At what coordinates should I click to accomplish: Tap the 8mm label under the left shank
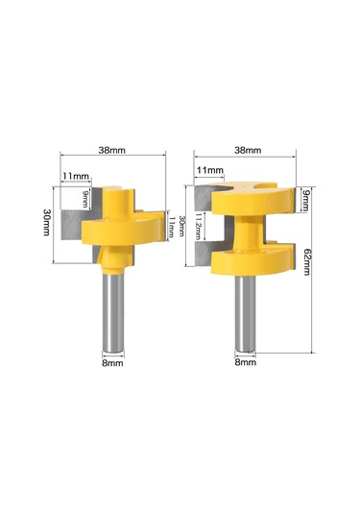pyautogui.click(x=112, y=363)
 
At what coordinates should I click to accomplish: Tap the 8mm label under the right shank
pyautogui.click(x=246, y=363)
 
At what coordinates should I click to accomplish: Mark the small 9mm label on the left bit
pyautogui.click(x=86, y=200)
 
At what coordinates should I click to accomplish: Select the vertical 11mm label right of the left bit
pyautogui.click(x=171, y=228)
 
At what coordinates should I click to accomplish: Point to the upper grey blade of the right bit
pyautogui.click(x=204, y=198)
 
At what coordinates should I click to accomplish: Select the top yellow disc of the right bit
pyautogui.click(x=252, y=200)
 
